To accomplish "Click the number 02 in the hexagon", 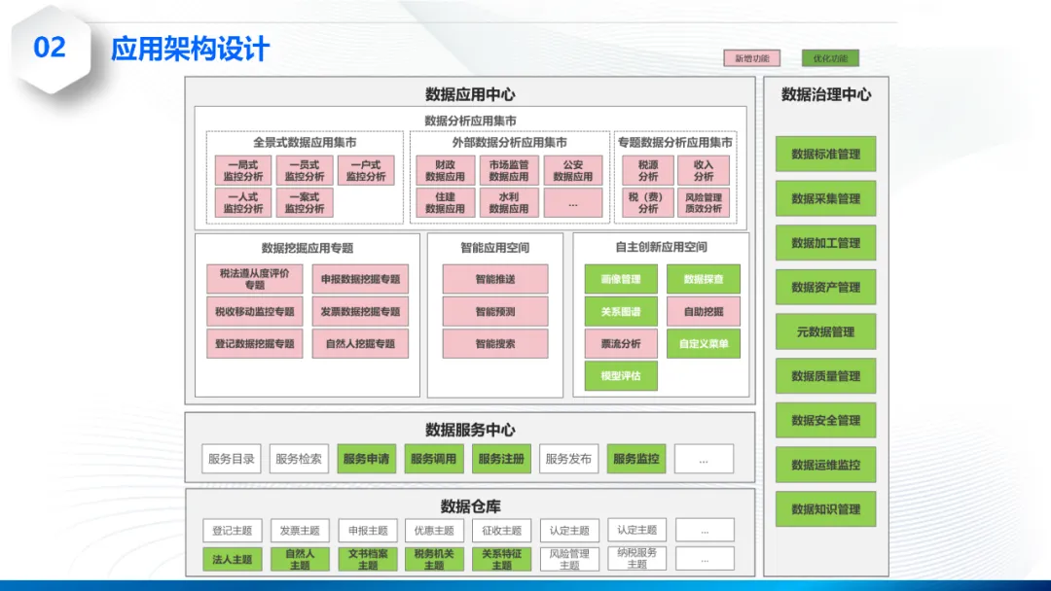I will [x=50, y=47].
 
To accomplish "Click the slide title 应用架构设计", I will [x=190, y=49].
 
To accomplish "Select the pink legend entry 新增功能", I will [x=751, y=58].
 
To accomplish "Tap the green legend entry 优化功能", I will [x=830, y=58].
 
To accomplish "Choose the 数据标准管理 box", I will [x=825, y=154].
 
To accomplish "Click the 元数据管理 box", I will [x=825, y=331].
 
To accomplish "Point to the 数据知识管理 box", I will [x=825, y=509].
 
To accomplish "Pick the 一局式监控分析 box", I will [x=243, y=171].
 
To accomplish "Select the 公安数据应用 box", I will [x=572, y=171].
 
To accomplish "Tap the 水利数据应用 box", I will [x=508, y=202].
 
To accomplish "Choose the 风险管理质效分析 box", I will [x=704, y=202].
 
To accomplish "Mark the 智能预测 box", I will [x=495, y=311].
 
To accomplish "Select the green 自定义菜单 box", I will [x=704, y=343].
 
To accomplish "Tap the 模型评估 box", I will [x=621, y=375].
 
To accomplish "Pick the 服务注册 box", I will [x=501, y=459].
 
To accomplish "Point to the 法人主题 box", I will [x=233, y=559].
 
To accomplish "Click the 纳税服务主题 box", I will [x=636, y=558].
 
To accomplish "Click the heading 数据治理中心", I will [x=825, y=94].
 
